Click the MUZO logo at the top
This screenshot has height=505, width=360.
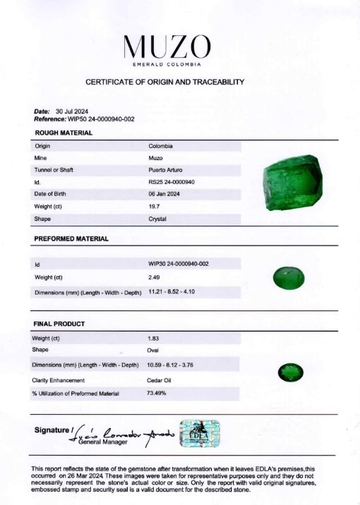167,48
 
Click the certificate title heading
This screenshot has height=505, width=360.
165,82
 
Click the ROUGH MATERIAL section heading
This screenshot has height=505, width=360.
64,133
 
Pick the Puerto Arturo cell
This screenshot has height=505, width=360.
167,170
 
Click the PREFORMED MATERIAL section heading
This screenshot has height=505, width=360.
71,239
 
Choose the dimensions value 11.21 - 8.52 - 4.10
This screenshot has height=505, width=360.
178,291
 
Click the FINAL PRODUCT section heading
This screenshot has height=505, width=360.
59,324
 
